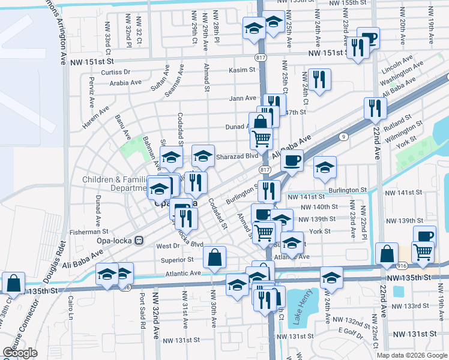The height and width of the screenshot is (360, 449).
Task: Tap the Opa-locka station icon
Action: (139, 240)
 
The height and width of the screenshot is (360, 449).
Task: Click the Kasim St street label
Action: (242, 70)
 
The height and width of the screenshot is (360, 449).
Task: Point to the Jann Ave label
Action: (242, 98)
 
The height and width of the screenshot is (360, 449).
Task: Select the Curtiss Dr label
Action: (116, 72)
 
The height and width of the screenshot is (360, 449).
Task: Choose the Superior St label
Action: (177, 260)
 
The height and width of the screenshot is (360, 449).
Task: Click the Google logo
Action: (20, 353)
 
